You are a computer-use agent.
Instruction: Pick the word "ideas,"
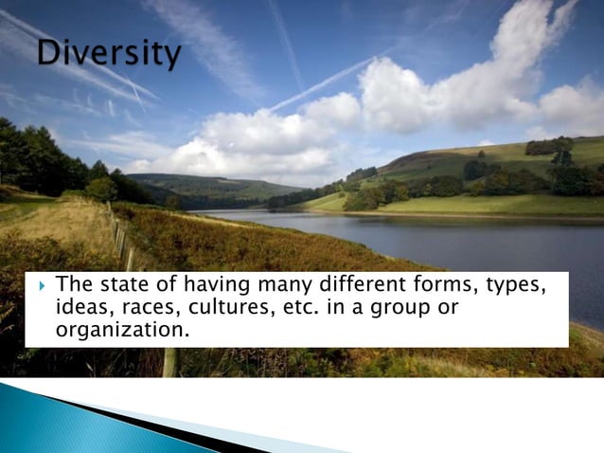pyautogui.click(x=83, y=308)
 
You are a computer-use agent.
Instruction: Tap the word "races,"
pyautogui.click(x=149, y=308)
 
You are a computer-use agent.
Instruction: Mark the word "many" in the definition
pyautogui.click(x=284, y=286)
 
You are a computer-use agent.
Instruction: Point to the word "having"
pyautogui.click(x=213, y=286)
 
